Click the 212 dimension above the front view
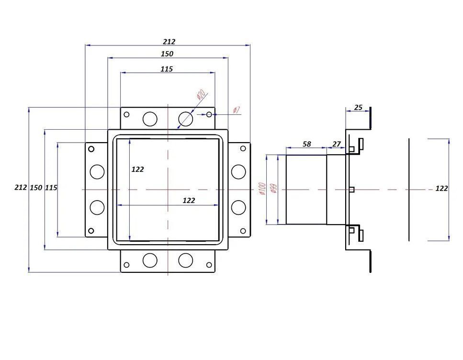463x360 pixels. [168, 42]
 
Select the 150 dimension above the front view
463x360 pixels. [168, 54]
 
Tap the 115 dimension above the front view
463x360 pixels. [166, 69]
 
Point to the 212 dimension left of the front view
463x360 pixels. [21, 188]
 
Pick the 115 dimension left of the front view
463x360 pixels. [51, 188]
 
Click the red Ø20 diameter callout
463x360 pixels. [201, 95]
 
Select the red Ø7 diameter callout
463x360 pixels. [237, 111]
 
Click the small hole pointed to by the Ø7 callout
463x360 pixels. [209, 114]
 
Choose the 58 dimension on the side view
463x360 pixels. [307, 144]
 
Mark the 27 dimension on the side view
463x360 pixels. [336, 144]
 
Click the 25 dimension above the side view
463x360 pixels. [358, 108]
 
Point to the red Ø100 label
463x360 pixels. [262, 189]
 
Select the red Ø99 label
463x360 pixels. [273, 189]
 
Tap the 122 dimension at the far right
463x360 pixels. [441, 189]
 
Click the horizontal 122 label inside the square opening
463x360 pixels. [189, 201]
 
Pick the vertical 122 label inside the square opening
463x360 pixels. [138, 169]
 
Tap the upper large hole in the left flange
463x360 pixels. [97, 171]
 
